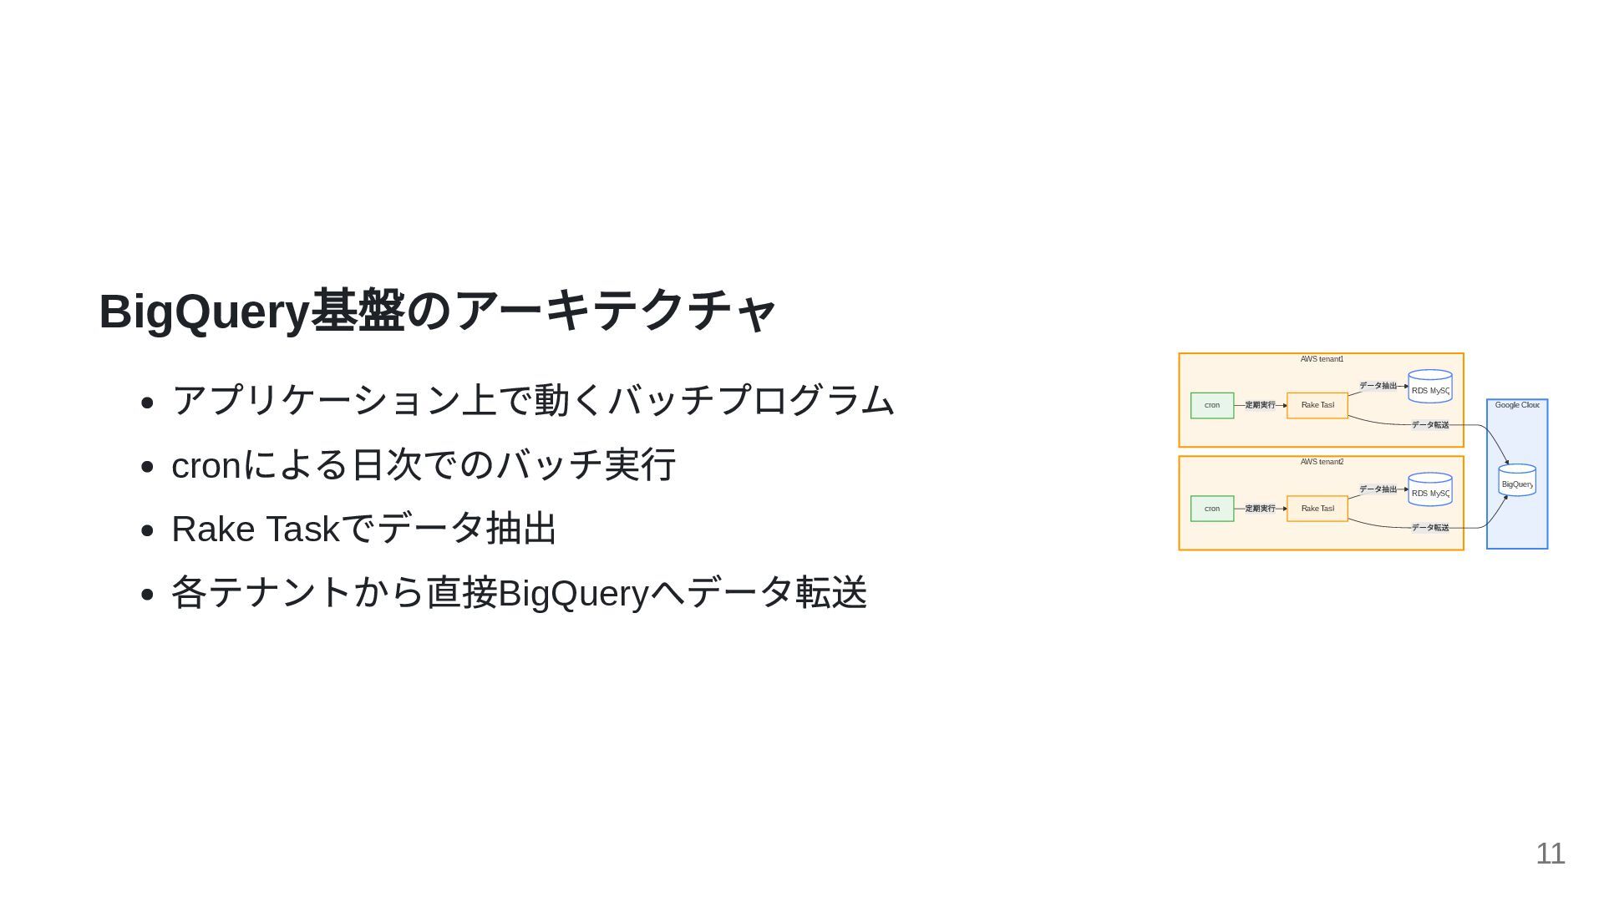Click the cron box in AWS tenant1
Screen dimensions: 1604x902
click(x=1212, y=405)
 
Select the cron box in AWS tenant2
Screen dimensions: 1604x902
click(x=1212, y=509)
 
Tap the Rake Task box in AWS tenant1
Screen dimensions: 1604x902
click(x=1317, y=405)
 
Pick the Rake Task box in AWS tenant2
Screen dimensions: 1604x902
click(x=1317, y=509)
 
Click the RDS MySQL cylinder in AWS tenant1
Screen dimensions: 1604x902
click(x=1430, y=388)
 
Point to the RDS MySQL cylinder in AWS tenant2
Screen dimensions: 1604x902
click(x=1430, y=490)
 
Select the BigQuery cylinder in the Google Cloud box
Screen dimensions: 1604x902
click(x=1517, y=481)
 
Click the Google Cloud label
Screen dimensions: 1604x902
click(x=1517, y=405)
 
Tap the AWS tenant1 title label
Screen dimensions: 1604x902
click(x=1322, y=359)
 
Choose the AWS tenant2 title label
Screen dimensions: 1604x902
click(x=1322, y=462)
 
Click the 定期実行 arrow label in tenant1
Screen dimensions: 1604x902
click(x=1260, y=405)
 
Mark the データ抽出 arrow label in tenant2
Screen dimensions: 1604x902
click(x=1378, y=489)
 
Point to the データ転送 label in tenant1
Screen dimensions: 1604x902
click(x=1430, y=425)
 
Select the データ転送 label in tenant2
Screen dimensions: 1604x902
click(x=1430, y=528)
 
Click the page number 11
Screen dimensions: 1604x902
click(x=1550, y=854)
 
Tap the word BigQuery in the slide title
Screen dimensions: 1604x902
click(x=204, y=312)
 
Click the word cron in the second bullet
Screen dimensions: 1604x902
click(x=206, y=466)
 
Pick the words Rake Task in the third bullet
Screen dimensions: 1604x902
click(x=256, y=530)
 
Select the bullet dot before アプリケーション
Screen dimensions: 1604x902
click(x=148, y=403)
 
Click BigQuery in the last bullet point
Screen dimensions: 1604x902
click(x=573, y=594)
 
